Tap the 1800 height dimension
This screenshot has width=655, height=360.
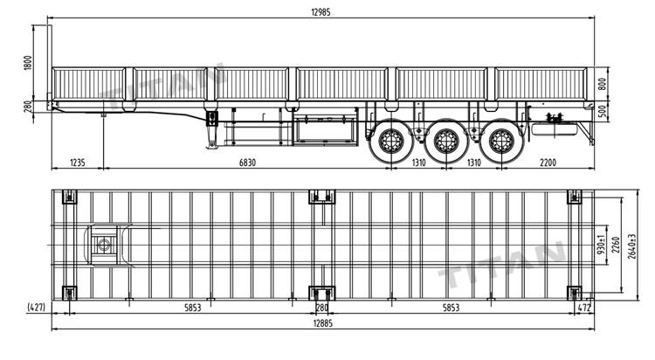[28, 64]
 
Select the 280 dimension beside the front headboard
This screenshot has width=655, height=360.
[28, 107]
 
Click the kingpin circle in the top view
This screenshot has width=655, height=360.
[107, 245]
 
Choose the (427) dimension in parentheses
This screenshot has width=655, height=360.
[36, 307]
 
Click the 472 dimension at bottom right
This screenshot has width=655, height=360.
[587, 307]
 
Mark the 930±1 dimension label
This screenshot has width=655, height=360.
[602, 246]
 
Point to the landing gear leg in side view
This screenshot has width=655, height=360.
[211, 131]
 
